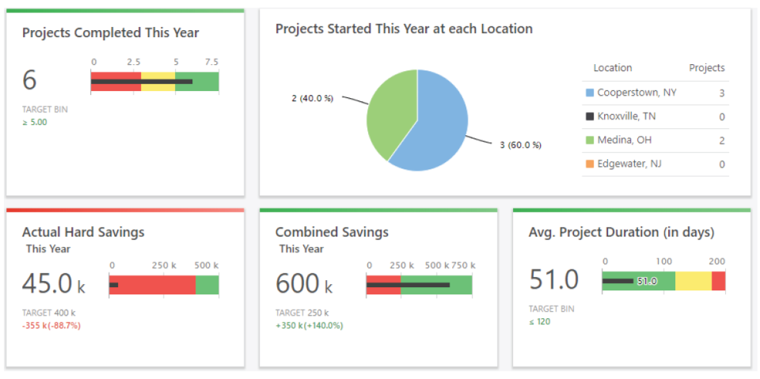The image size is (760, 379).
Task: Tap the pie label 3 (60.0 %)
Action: [520, 145]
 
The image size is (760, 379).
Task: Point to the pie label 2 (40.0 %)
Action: [313, 98]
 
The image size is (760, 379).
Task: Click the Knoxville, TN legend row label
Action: [626, 116]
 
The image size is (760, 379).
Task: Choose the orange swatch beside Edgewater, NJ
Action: [589, 164]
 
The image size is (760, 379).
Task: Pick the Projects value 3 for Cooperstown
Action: [721, 93]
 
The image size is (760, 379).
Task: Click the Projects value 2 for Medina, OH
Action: [721, 140]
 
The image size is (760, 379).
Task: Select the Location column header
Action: [613, 68]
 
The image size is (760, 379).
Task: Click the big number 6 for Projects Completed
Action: [30, 81]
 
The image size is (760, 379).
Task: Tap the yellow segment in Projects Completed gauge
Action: [158, 81]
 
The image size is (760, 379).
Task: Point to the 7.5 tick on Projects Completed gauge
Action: [211, 62]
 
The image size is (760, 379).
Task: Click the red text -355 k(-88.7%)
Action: [51, 325]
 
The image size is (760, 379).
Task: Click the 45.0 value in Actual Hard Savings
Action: [47, 283]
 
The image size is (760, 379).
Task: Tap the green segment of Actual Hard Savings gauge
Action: [207, 284]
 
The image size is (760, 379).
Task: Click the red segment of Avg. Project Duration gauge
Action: [718, 281]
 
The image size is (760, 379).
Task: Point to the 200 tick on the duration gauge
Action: [716, 261]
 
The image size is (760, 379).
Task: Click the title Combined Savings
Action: [332, 233]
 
